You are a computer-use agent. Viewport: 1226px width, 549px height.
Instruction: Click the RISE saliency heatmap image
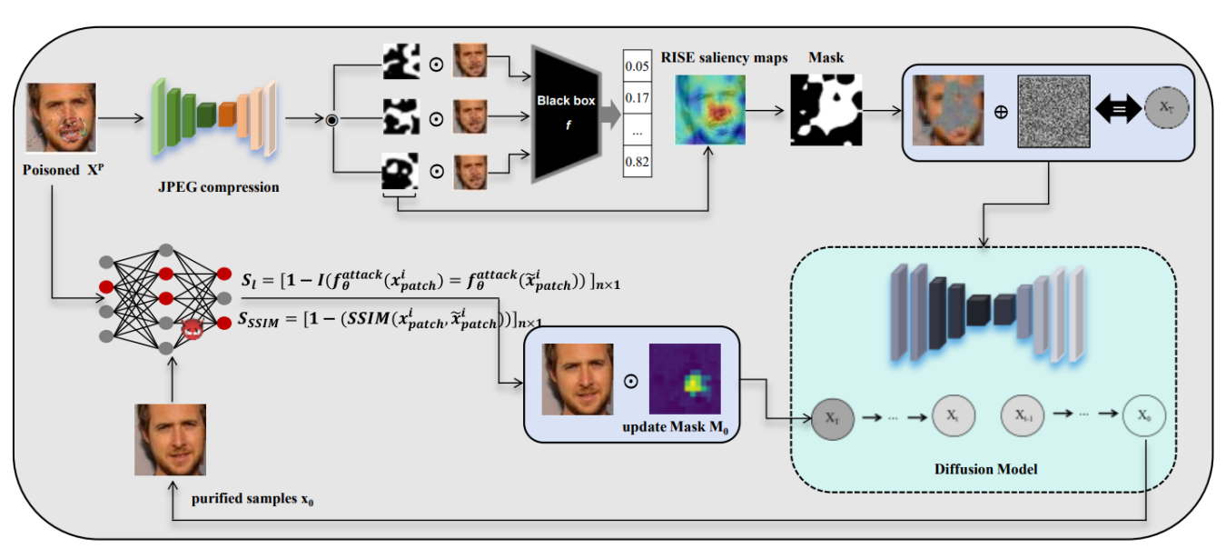pyautogui.click(x=708, y=110)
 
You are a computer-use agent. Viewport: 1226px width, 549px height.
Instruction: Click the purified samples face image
pyautogui.click(x=171, y=440)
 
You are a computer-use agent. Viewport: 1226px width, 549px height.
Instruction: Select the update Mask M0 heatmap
pyautogui.click(x=684, y=380)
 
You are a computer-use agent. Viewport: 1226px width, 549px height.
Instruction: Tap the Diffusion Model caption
pyautogui.click(x=985, y=469)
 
